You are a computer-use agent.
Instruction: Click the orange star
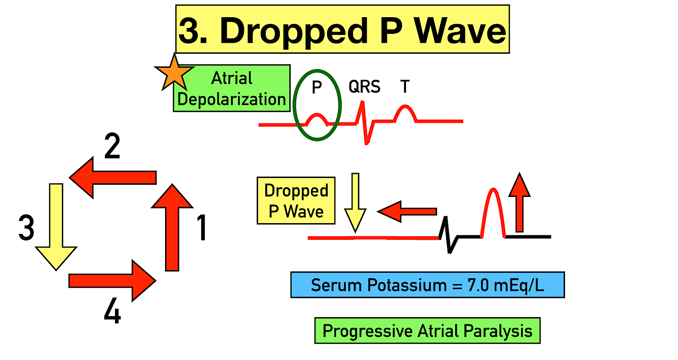(174, 74)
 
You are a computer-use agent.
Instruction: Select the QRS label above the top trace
(364, 86)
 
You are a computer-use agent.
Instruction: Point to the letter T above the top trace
(405, 86)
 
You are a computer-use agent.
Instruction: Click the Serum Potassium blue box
(427, 285)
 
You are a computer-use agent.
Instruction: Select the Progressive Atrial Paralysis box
(427, 331)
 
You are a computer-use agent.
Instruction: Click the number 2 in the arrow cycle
(112, 148)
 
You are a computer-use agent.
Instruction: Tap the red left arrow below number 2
(113, 178)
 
